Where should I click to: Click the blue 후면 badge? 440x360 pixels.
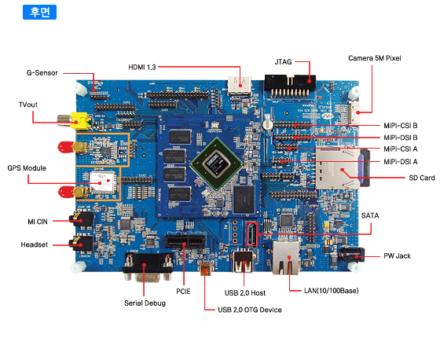[39, 12]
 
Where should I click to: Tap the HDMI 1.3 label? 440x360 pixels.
[142, 67]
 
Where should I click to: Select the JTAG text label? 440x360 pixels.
[283, 62]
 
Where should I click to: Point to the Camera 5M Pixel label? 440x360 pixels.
[374, 58]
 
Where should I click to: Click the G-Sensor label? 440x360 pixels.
[42, 73]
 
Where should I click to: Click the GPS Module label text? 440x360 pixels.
[27, 168]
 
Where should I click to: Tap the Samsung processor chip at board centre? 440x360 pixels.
[216, 163]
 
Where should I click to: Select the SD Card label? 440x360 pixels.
[422, 178]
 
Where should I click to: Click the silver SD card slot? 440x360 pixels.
[338, 169]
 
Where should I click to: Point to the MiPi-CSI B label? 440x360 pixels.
[401, 126]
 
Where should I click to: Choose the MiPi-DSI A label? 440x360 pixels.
[401, 162]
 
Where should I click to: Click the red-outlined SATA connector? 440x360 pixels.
[251, 233]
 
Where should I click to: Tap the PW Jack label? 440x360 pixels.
[397, 255]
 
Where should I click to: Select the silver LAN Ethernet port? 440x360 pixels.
[286, 258]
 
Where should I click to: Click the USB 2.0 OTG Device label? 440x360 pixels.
[250, 310]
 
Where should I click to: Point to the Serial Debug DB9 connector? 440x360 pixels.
[148, 266]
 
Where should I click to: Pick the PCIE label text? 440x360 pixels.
[183, 292]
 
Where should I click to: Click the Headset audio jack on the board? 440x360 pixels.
[82, 244]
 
